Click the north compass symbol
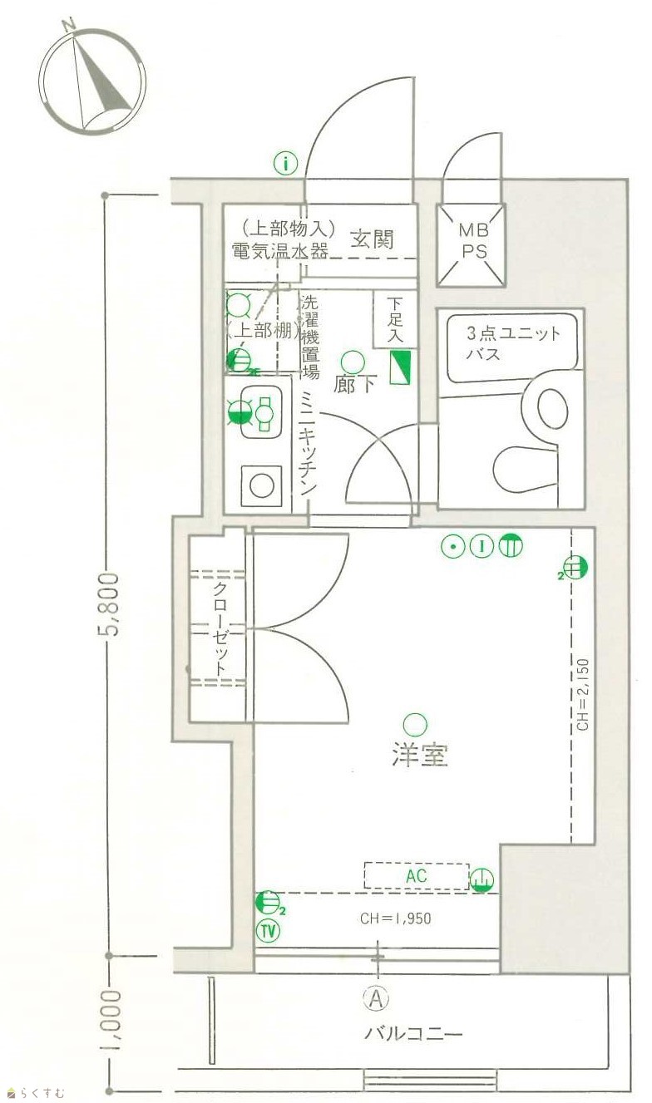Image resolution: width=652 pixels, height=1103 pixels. pyautogui.click(x=92, y=80)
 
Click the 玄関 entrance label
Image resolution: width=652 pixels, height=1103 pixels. pyautogui.click(x=373, y=240)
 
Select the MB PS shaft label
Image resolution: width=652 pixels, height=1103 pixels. pyautogui.click(x=473, y=241)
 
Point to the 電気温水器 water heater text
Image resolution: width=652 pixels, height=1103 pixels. pyautogui.click(x=281, y=252)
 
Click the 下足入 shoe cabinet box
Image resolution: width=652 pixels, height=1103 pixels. pyautogui.click(x=395, y=319)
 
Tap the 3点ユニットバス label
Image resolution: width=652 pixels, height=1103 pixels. pyautogui.click(x=513, y=343)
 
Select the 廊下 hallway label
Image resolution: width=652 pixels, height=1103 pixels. pyautogui.click(x=355, y=384)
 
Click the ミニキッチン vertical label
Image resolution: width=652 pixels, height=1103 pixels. pyautogui.click(x=307, y=443)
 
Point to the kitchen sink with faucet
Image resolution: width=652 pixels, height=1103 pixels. pyautogui.click(x=260, y=412)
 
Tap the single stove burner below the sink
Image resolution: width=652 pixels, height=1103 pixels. pyautogui.click(x=262, y=485)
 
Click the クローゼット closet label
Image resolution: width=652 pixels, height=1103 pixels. pyautogui.click(x=220, y=630)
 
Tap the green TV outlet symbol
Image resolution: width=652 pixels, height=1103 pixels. pyautogui.click(x=268, y=931)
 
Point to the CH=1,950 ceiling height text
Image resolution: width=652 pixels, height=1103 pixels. pyautogui.click(x=396, y=918)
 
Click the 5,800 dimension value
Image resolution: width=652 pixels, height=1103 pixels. pyautogui.click(x=112, y=603)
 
